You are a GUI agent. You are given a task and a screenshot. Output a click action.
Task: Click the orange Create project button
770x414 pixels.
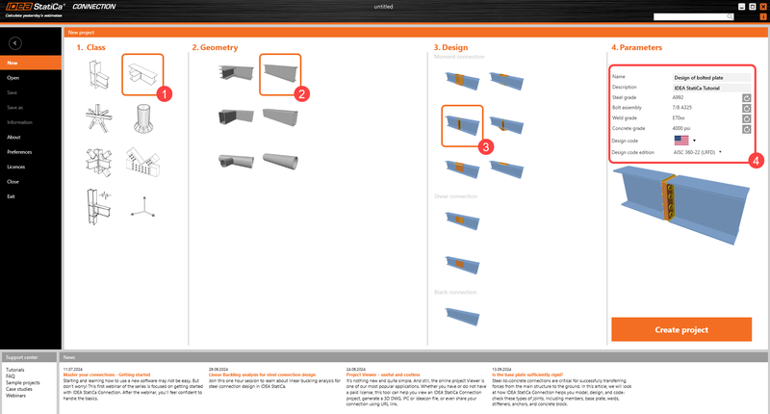click(x=680, y=329)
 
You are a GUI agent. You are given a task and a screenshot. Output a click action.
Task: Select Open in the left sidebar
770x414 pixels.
click(x=13, y=77)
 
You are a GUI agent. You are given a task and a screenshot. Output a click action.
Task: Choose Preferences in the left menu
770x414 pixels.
click(x=19, y=152)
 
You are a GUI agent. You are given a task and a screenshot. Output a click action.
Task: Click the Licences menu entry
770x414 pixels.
click(x=16, y=167)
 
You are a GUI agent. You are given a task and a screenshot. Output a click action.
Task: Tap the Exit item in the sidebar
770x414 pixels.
click(x=11, y=196)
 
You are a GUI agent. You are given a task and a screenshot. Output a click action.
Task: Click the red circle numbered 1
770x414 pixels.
click(x=165, y=94)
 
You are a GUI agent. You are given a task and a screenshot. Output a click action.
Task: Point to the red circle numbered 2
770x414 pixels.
click(x=301, y=94)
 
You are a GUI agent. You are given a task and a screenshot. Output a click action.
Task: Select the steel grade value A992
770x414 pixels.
click(x=679, y=97)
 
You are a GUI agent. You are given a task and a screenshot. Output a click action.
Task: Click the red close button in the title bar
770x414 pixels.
click(x=761, y=7)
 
